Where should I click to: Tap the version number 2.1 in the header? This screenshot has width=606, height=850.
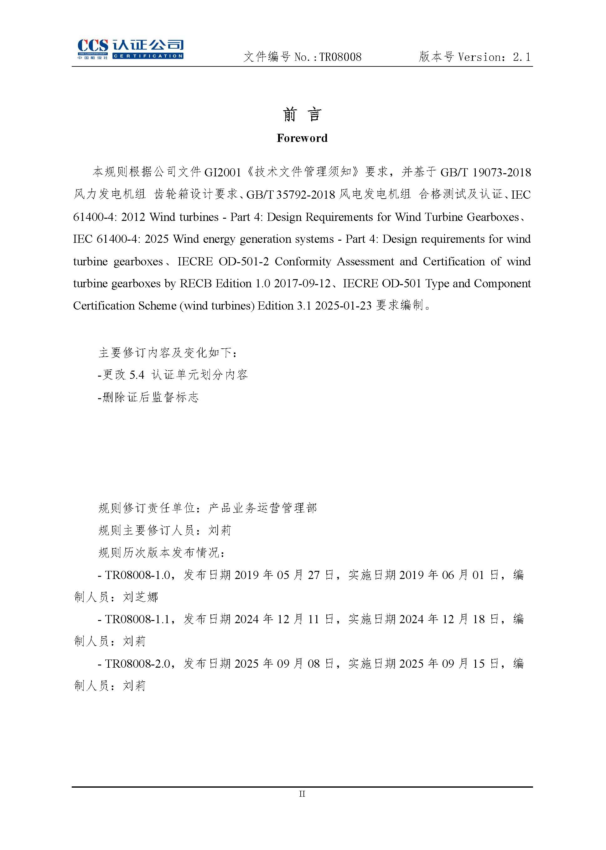click(x=521, y=57)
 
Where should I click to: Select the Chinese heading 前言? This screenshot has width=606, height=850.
click(x=302, y=114)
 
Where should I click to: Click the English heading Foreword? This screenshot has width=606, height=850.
click(x=302, y=138)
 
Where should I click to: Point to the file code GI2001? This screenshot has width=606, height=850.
click(x=222, y=172)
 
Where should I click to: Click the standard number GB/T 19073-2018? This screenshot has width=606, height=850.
click(x=485, y=172)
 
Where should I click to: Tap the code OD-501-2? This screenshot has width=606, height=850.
click(x=243, y=261)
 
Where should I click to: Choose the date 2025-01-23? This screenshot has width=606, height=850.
click(x=343, y=305)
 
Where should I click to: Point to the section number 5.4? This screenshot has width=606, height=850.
click(x=137, y=375)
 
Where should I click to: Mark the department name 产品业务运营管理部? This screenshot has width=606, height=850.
click(x=263, y=508)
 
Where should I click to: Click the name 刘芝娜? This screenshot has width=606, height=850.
click(x=140, y=597)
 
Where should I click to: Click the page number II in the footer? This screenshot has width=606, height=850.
click(x=302, y=794)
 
